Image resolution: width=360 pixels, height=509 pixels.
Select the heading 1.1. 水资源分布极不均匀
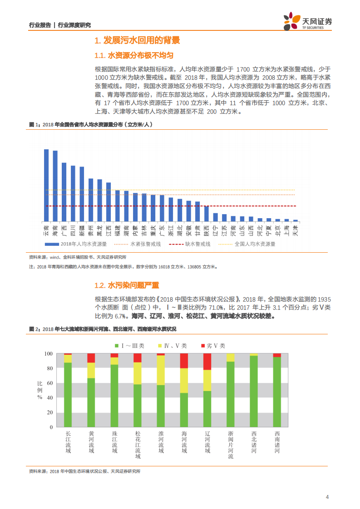133,56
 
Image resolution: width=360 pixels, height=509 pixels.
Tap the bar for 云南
46,185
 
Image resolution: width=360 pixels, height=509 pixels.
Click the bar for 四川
73,193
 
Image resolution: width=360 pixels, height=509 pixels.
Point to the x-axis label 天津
296,230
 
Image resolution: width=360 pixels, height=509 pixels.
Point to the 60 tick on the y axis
49,383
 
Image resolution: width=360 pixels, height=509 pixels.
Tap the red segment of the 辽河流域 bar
207,362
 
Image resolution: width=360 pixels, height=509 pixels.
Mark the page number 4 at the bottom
327,497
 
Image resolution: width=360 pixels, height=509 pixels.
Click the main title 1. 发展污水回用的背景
137,41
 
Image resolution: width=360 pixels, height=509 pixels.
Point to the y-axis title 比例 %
39,390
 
